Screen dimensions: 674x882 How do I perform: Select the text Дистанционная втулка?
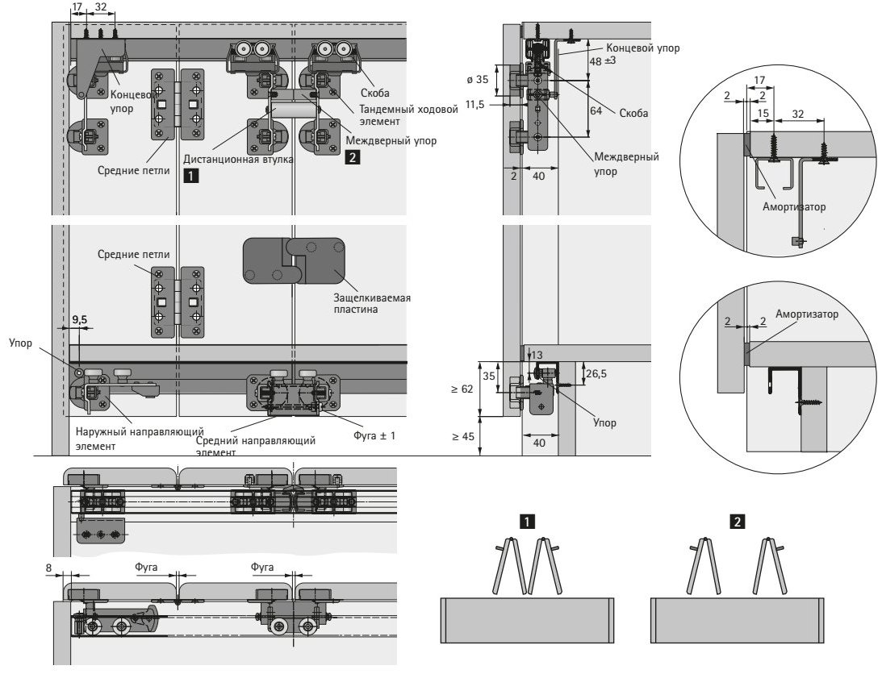[238, 159]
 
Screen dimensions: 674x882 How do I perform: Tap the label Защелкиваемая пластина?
[372, 303]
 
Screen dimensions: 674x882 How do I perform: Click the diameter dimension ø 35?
[478, 80]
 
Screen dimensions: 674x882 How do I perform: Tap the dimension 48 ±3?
[604, 62]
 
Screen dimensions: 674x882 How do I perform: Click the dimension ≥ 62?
[464, 389]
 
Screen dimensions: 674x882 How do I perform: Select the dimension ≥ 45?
[464, 437]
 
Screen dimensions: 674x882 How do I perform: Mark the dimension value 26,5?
[596, 373]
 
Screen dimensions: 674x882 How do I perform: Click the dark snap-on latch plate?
[293, 260]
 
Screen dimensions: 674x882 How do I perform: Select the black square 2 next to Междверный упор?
[353, 158]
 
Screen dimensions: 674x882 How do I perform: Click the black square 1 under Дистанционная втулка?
[188, 173]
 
